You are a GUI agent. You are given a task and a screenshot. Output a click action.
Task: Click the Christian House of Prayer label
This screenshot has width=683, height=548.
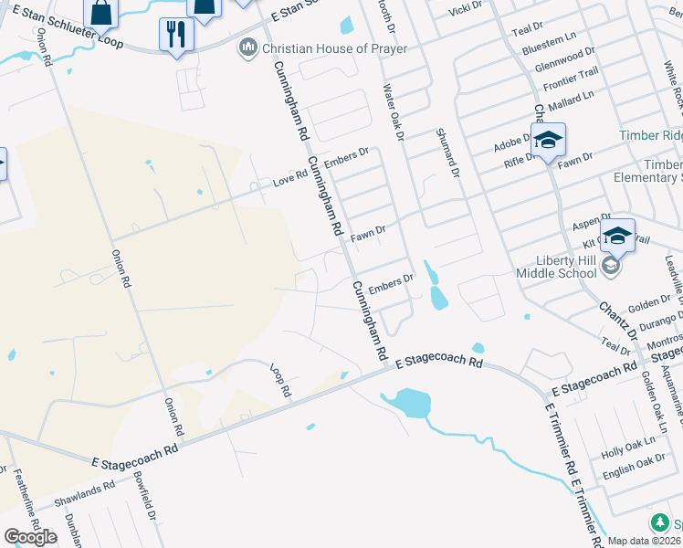point(334,47)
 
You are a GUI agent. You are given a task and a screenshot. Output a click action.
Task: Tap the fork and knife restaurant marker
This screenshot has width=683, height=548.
point(176,35)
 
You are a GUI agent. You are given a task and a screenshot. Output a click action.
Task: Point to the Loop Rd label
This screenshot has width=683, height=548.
point(280,379)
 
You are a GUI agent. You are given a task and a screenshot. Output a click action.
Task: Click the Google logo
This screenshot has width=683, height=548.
point(30,537)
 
